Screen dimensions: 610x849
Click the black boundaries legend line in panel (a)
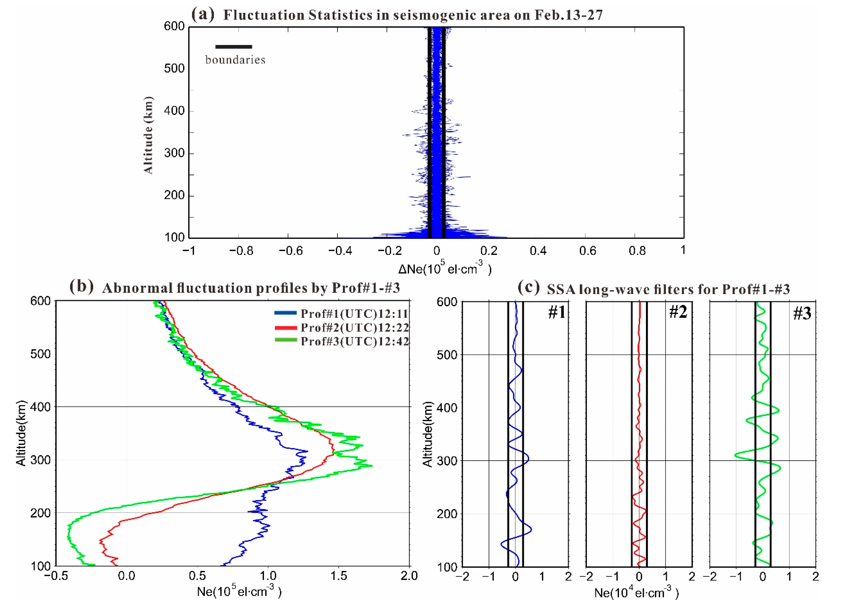pos(234,47)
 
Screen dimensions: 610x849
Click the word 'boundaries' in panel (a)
pos(235,60)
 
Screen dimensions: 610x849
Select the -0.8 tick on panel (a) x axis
pos(241,250)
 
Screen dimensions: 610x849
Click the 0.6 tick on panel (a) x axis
pos(587,250)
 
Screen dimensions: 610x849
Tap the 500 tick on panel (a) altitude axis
pos(174,68)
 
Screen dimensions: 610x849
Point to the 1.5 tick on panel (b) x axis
pos(338,576)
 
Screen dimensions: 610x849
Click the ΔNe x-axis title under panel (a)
pos(444,269)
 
